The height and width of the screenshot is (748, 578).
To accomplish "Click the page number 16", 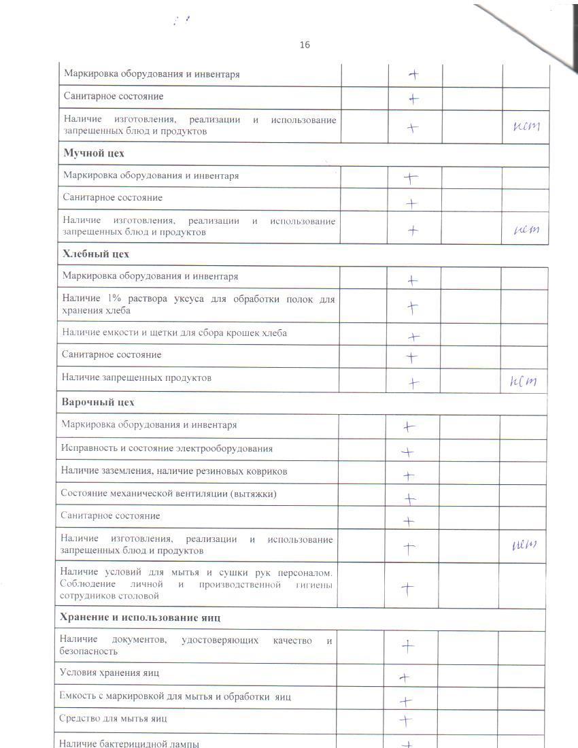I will [x=305, y=45].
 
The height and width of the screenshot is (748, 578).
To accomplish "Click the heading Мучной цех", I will [x=94, y=153].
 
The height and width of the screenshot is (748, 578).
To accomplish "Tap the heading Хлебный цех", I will [x=95, y=254].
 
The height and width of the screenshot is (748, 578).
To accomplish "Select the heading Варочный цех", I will [x=98, y=402].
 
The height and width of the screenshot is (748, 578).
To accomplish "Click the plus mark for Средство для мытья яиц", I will [x=406, y=720].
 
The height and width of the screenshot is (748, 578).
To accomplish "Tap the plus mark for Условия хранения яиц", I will [x=404, y=677].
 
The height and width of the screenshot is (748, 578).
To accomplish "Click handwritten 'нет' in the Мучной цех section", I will [x=526, y=231].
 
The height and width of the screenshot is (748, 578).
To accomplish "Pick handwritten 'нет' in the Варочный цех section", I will [x=524, y=545].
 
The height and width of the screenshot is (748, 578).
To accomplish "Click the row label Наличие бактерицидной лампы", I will [x=129, y=743].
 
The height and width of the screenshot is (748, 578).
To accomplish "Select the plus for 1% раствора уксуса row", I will [x=412, y=307].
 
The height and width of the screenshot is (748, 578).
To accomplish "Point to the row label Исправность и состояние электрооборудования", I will [x=167, y=448].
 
